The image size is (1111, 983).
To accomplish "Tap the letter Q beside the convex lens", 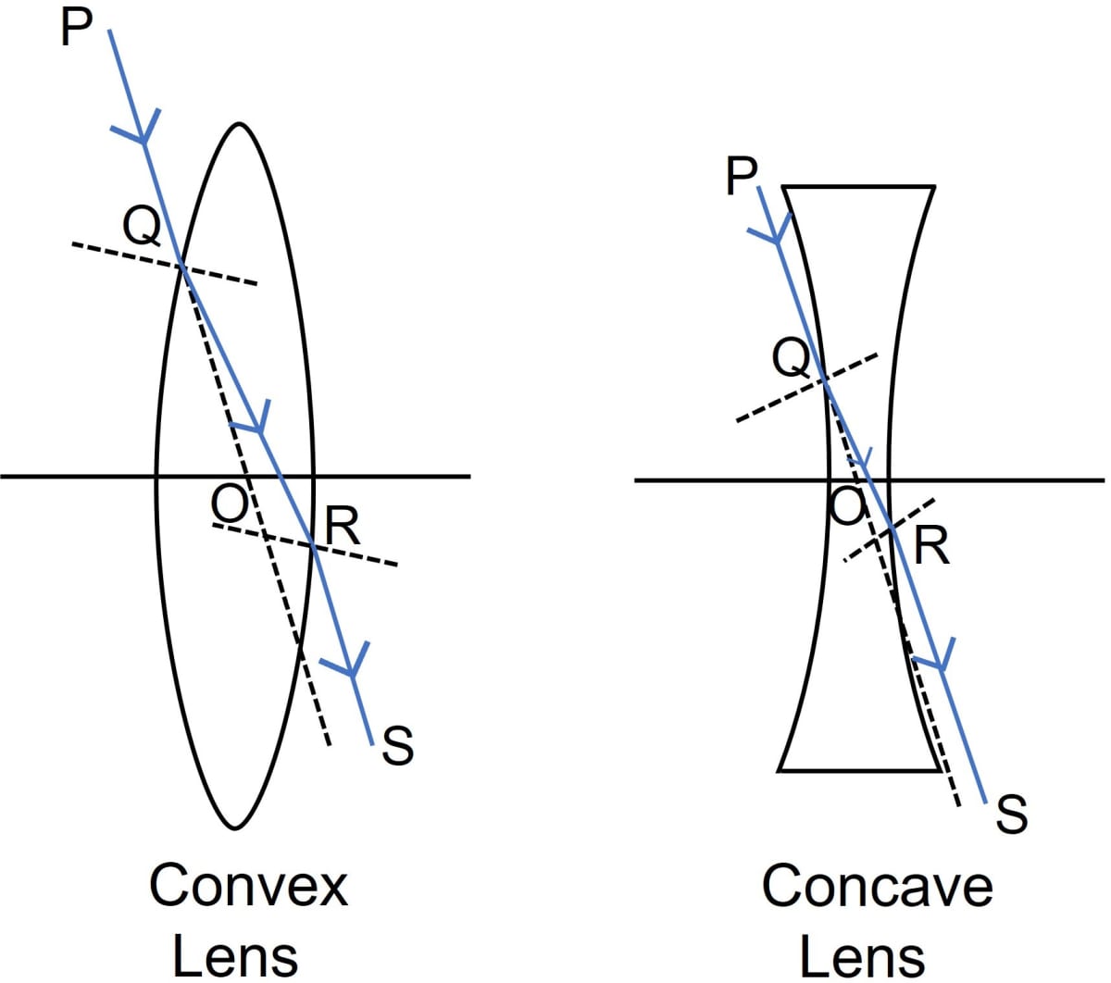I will pos(141,225).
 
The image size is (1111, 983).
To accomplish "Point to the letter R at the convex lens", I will pos(343,527).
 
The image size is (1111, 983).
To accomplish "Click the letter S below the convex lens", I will pos(397,746).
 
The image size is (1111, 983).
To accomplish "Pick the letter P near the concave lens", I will pos(742,176).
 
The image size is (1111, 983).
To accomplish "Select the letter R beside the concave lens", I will pos(930,546).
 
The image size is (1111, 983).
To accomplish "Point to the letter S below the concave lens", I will pos(1011,815).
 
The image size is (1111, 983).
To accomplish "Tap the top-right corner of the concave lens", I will pos(934,187).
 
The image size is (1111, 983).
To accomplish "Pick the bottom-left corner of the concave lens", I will pos(779,769).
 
